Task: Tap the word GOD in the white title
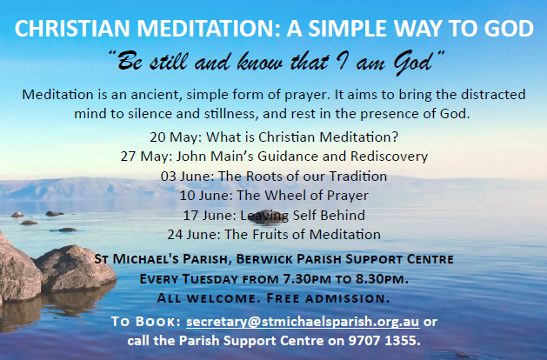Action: pyautogui.click(x=509, y=28)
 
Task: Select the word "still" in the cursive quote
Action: pyautogui.click(x=169, y=62)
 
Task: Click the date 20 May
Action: pyautogui.click(x=176, y=137)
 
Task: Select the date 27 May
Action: pyautogui.click(x=146, y=157)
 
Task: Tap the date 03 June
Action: pyautogui.click(x=187, y=177)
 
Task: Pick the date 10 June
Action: pyautogui.click(x=206, y=196)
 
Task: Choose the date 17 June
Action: pyautogui.click(x=210, y=216)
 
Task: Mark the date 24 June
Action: pyautogui.click(x=194, y=235)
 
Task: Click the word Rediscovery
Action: pyautogui.click(x=389, y=157)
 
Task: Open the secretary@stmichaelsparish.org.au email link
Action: pyautogui.click(x=303, y=322)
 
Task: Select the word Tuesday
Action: pyautogui.click(x=210, y=279)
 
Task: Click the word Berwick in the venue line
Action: pyautogui.click(x=263, y=259)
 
